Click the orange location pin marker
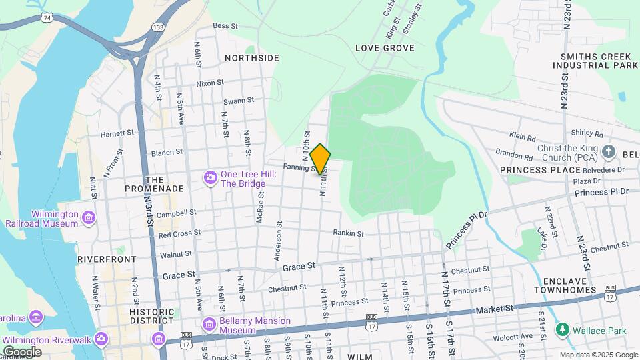click(321, 159)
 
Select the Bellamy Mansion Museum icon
click(211, 325)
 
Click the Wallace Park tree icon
click(563, 330)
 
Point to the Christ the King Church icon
click(608, 151)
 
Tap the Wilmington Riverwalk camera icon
click(101, 338)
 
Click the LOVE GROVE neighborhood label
click(385, 48)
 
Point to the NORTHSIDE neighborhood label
click(251, 58)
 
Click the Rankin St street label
click(348, 233)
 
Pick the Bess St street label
click(225, 26)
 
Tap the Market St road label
click(494, 309)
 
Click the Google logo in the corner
click(22, 351)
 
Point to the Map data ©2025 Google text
click(598, 355)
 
